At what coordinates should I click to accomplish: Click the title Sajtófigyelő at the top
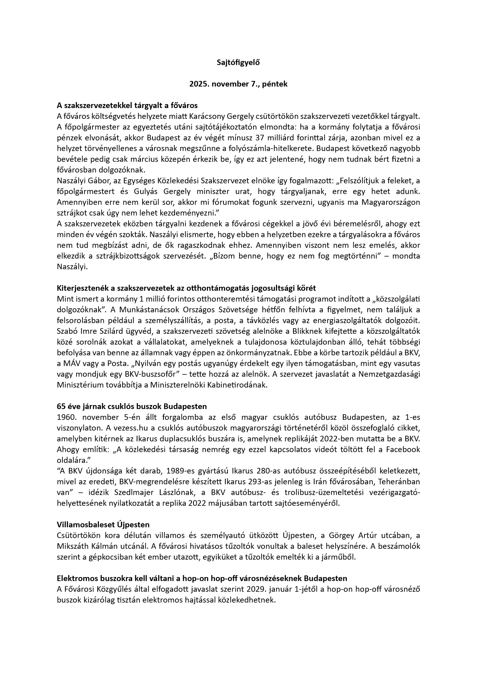(238, 62)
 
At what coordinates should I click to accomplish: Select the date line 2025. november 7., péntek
(238, 84)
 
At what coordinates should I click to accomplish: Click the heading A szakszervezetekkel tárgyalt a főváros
(127, 106)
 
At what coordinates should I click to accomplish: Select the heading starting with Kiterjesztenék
(186, 288)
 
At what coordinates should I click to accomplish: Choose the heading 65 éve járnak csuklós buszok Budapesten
(132, 406)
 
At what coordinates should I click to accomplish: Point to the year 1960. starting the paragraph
(66, 417)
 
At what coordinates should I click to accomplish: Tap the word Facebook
(403, 449)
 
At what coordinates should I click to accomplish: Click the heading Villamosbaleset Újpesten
(103, 524)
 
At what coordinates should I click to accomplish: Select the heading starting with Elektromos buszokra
(202, 578)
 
